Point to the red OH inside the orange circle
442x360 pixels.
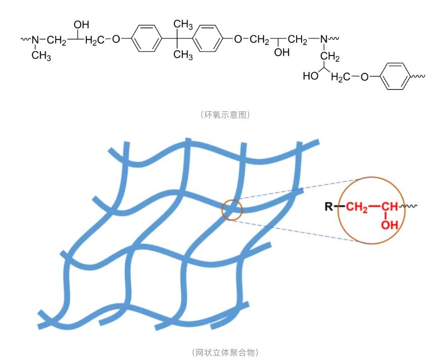coord(389,225)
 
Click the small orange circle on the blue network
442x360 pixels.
coord(232,209)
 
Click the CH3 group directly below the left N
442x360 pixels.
coord(41,56)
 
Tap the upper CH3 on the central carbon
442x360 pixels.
coord(183,24)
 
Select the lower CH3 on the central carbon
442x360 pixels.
coord(183,55)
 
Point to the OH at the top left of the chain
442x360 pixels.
coord(81,24)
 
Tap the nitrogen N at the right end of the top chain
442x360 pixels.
coord(323,38)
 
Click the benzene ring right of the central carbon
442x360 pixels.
coord(208,38)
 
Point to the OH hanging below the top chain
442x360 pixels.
coord(282,53)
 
